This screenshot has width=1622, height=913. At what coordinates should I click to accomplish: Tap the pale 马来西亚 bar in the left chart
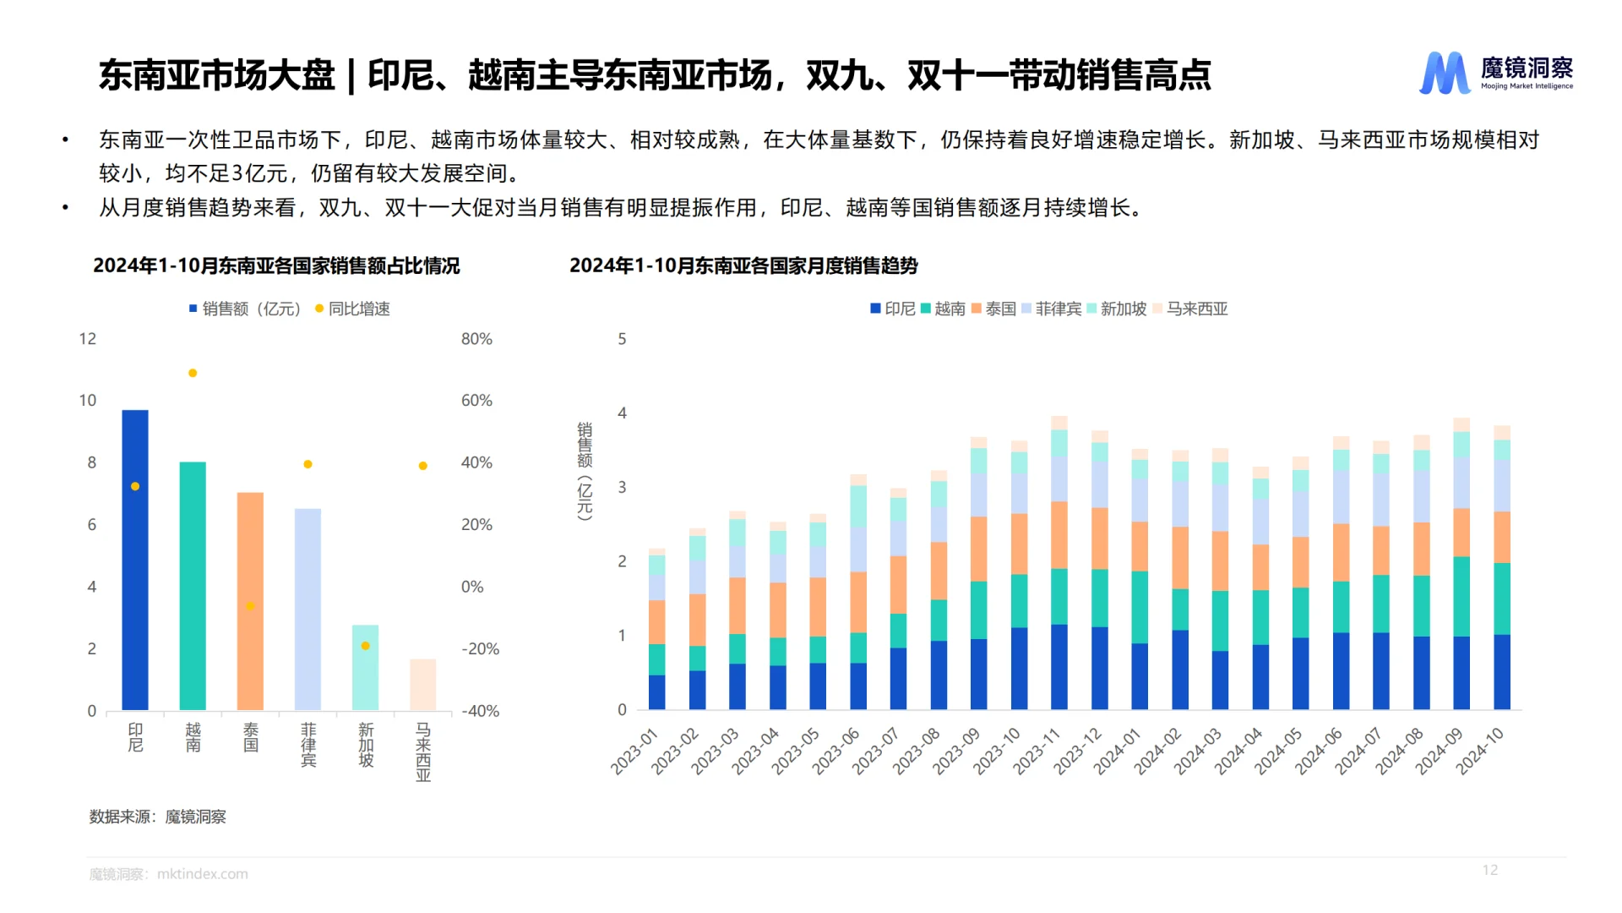coord(422,685)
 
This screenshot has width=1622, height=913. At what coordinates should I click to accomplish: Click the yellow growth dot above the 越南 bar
coord(193,373)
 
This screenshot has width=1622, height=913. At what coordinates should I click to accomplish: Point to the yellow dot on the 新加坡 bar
coord(366,646)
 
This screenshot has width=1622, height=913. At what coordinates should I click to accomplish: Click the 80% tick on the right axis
coord(476,339)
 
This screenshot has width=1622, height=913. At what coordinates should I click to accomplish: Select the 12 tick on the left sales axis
coord(88,339)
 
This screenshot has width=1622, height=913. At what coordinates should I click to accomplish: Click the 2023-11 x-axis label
coord(1037,751)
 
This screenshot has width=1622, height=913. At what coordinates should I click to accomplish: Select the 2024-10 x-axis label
coord(1479,751)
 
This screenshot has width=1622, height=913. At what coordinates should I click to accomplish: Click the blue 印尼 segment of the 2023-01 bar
coord(656,692)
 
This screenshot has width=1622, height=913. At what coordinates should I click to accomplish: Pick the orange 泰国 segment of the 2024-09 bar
coord(1461,532)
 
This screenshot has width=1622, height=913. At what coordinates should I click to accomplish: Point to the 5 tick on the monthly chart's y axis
coord(622,339)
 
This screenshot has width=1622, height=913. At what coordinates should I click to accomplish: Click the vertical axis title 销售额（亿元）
coord(584,470)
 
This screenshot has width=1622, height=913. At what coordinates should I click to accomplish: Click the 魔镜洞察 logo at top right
coord(1496,73)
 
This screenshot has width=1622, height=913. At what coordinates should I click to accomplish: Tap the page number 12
coord(1489,870)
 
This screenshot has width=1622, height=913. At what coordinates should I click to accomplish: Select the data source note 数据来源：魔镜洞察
coord(158,817)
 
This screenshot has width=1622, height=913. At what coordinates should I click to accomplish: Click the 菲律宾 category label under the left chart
coord(308,744)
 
